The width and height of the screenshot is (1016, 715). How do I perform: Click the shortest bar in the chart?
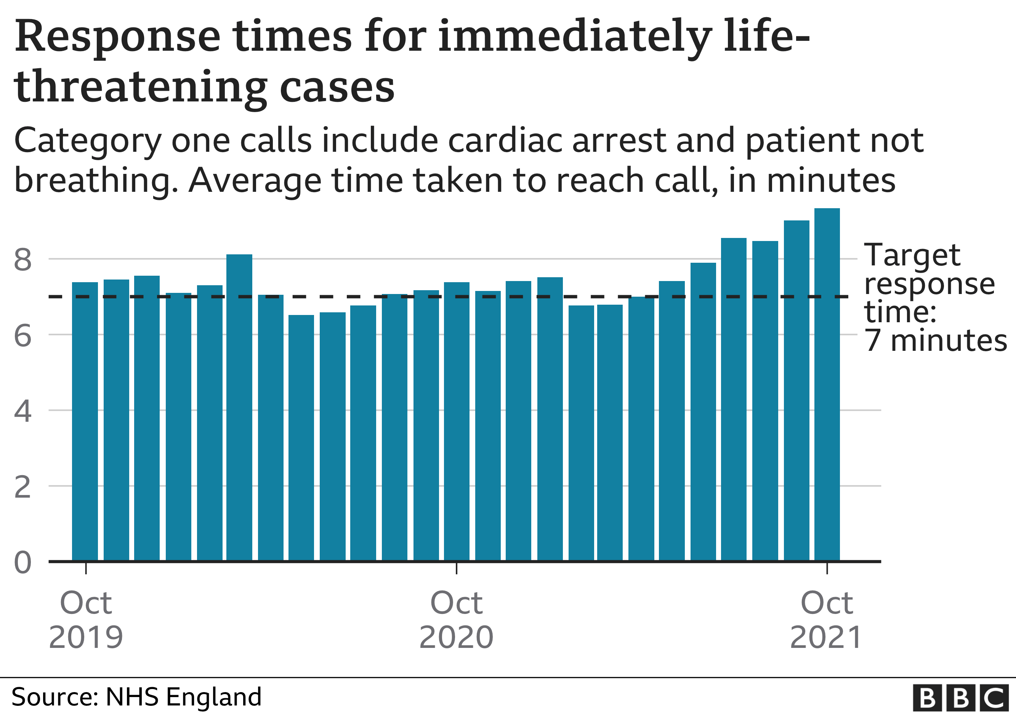[x=301, y=438]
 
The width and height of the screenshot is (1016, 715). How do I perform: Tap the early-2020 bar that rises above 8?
[x=239, y=407]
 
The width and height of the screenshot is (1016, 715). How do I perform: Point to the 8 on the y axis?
[x=22, y=260]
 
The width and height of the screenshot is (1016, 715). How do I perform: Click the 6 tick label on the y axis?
[x=22, y=336]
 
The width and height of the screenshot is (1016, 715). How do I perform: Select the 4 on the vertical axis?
[x=22, y=411]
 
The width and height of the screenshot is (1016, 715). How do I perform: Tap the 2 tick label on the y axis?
[x=22, y=487]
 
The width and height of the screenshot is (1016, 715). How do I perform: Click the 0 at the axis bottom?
[x=22, y=563]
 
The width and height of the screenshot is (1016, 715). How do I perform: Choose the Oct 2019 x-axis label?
[x=85, y=620]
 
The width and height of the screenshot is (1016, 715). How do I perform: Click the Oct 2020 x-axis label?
[x=456, y=620]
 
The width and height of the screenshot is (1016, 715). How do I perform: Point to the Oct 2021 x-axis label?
[x=826, y=620]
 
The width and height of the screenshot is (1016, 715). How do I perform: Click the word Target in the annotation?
[x=912, y=256]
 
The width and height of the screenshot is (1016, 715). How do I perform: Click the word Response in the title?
[x=117, y=38]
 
